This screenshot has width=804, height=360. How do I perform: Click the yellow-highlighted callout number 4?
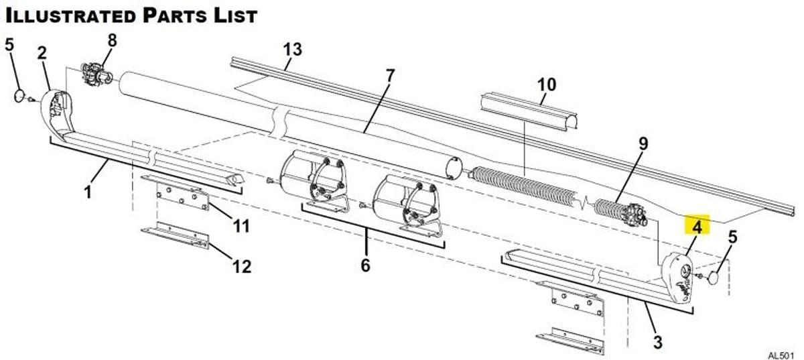tap(697, 227)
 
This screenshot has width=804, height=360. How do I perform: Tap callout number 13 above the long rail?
tap(292, 50)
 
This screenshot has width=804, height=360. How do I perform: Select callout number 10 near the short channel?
tap(547, 85)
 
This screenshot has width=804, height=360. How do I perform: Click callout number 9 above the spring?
tap(643, 143)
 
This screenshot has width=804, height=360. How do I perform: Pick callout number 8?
tap(112, 40)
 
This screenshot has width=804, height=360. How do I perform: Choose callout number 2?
tap(42, 53)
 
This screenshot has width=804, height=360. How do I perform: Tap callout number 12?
tap(241, 267)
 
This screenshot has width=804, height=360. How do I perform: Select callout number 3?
tap(657, 343)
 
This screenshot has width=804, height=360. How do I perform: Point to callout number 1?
tap(87, 192)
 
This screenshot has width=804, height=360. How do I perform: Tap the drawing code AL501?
tap(781, 354)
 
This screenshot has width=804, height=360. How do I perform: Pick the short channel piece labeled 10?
tap(529, 111)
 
